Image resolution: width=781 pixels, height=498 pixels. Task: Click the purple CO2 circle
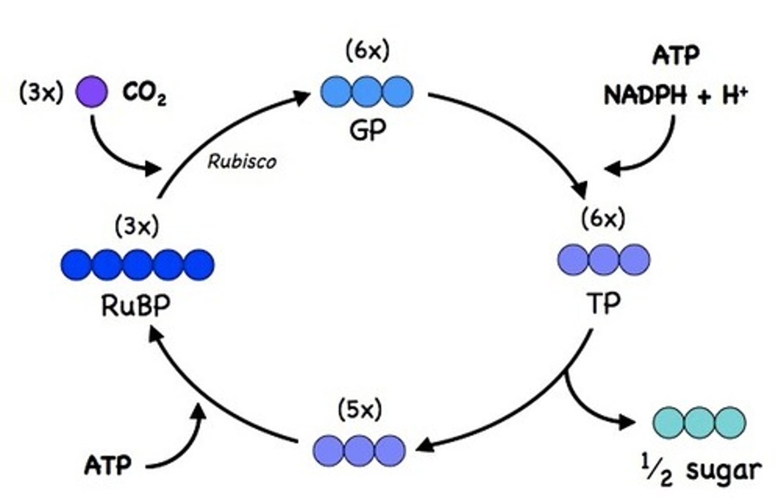91,92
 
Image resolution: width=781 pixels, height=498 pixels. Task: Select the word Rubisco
242,162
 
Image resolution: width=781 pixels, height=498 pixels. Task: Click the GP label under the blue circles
368,130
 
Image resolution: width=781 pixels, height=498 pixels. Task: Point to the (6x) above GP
367,51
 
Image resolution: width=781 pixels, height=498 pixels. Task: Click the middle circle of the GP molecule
367,91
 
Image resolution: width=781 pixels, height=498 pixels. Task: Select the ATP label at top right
676,55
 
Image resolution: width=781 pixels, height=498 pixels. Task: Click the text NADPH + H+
676,96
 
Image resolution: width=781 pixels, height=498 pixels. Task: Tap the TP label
603,304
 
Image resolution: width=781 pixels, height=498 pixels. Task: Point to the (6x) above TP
603,219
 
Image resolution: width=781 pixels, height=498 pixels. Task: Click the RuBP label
136,307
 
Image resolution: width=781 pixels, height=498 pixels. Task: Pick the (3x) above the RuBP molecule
137,226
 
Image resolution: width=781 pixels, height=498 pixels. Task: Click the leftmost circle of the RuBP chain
76,265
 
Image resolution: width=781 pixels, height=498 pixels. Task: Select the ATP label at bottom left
108,465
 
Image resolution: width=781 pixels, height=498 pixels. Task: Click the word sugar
723,470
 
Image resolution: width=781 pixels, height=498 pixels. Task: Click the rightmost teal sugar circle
730,422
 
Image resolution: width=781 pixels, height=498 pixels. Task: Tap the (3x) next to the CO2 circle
41,93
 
